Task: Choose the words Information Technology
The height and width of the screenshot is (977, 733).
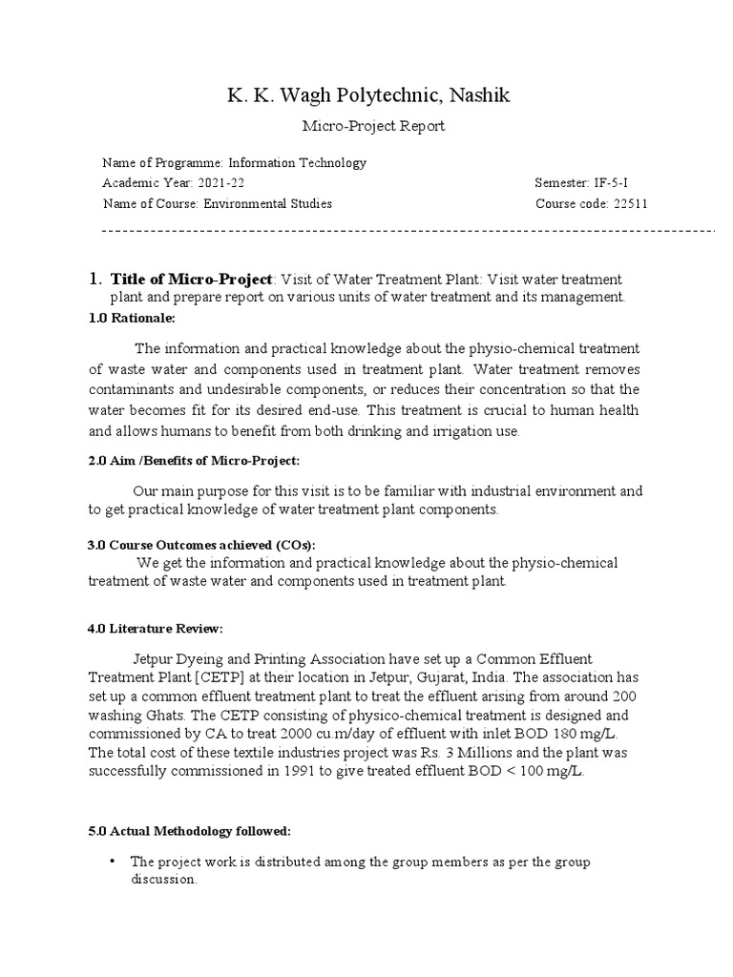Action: tap(297, 163)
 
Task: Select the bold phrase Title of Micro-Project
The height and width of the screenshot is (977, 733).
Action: tap(193, 279)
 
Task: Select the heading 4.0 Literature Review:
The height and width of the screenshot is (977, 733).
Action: tap(156, 629)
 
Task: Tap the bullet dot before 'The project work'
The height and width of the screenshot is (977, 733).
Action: tap(113, 861)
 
